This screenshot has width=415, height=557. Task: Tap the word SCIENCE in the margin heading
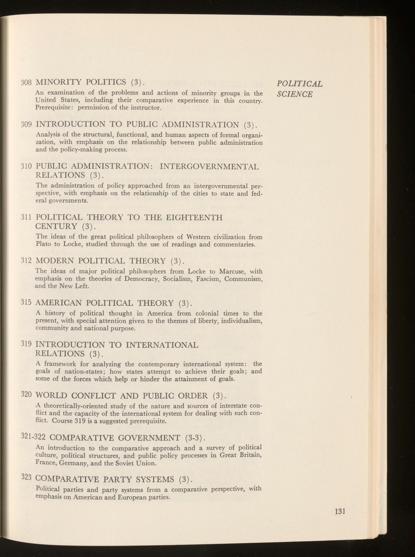coord(295,94)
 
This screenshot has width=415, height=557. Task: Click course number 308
coord(26,82)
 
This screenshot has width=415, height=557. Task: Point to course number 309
coord(26,124)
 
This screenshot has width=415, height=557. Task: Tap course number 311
coord(26,217)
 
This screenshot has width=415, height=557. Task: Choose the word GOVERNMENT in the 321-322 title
coord(149,438)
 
